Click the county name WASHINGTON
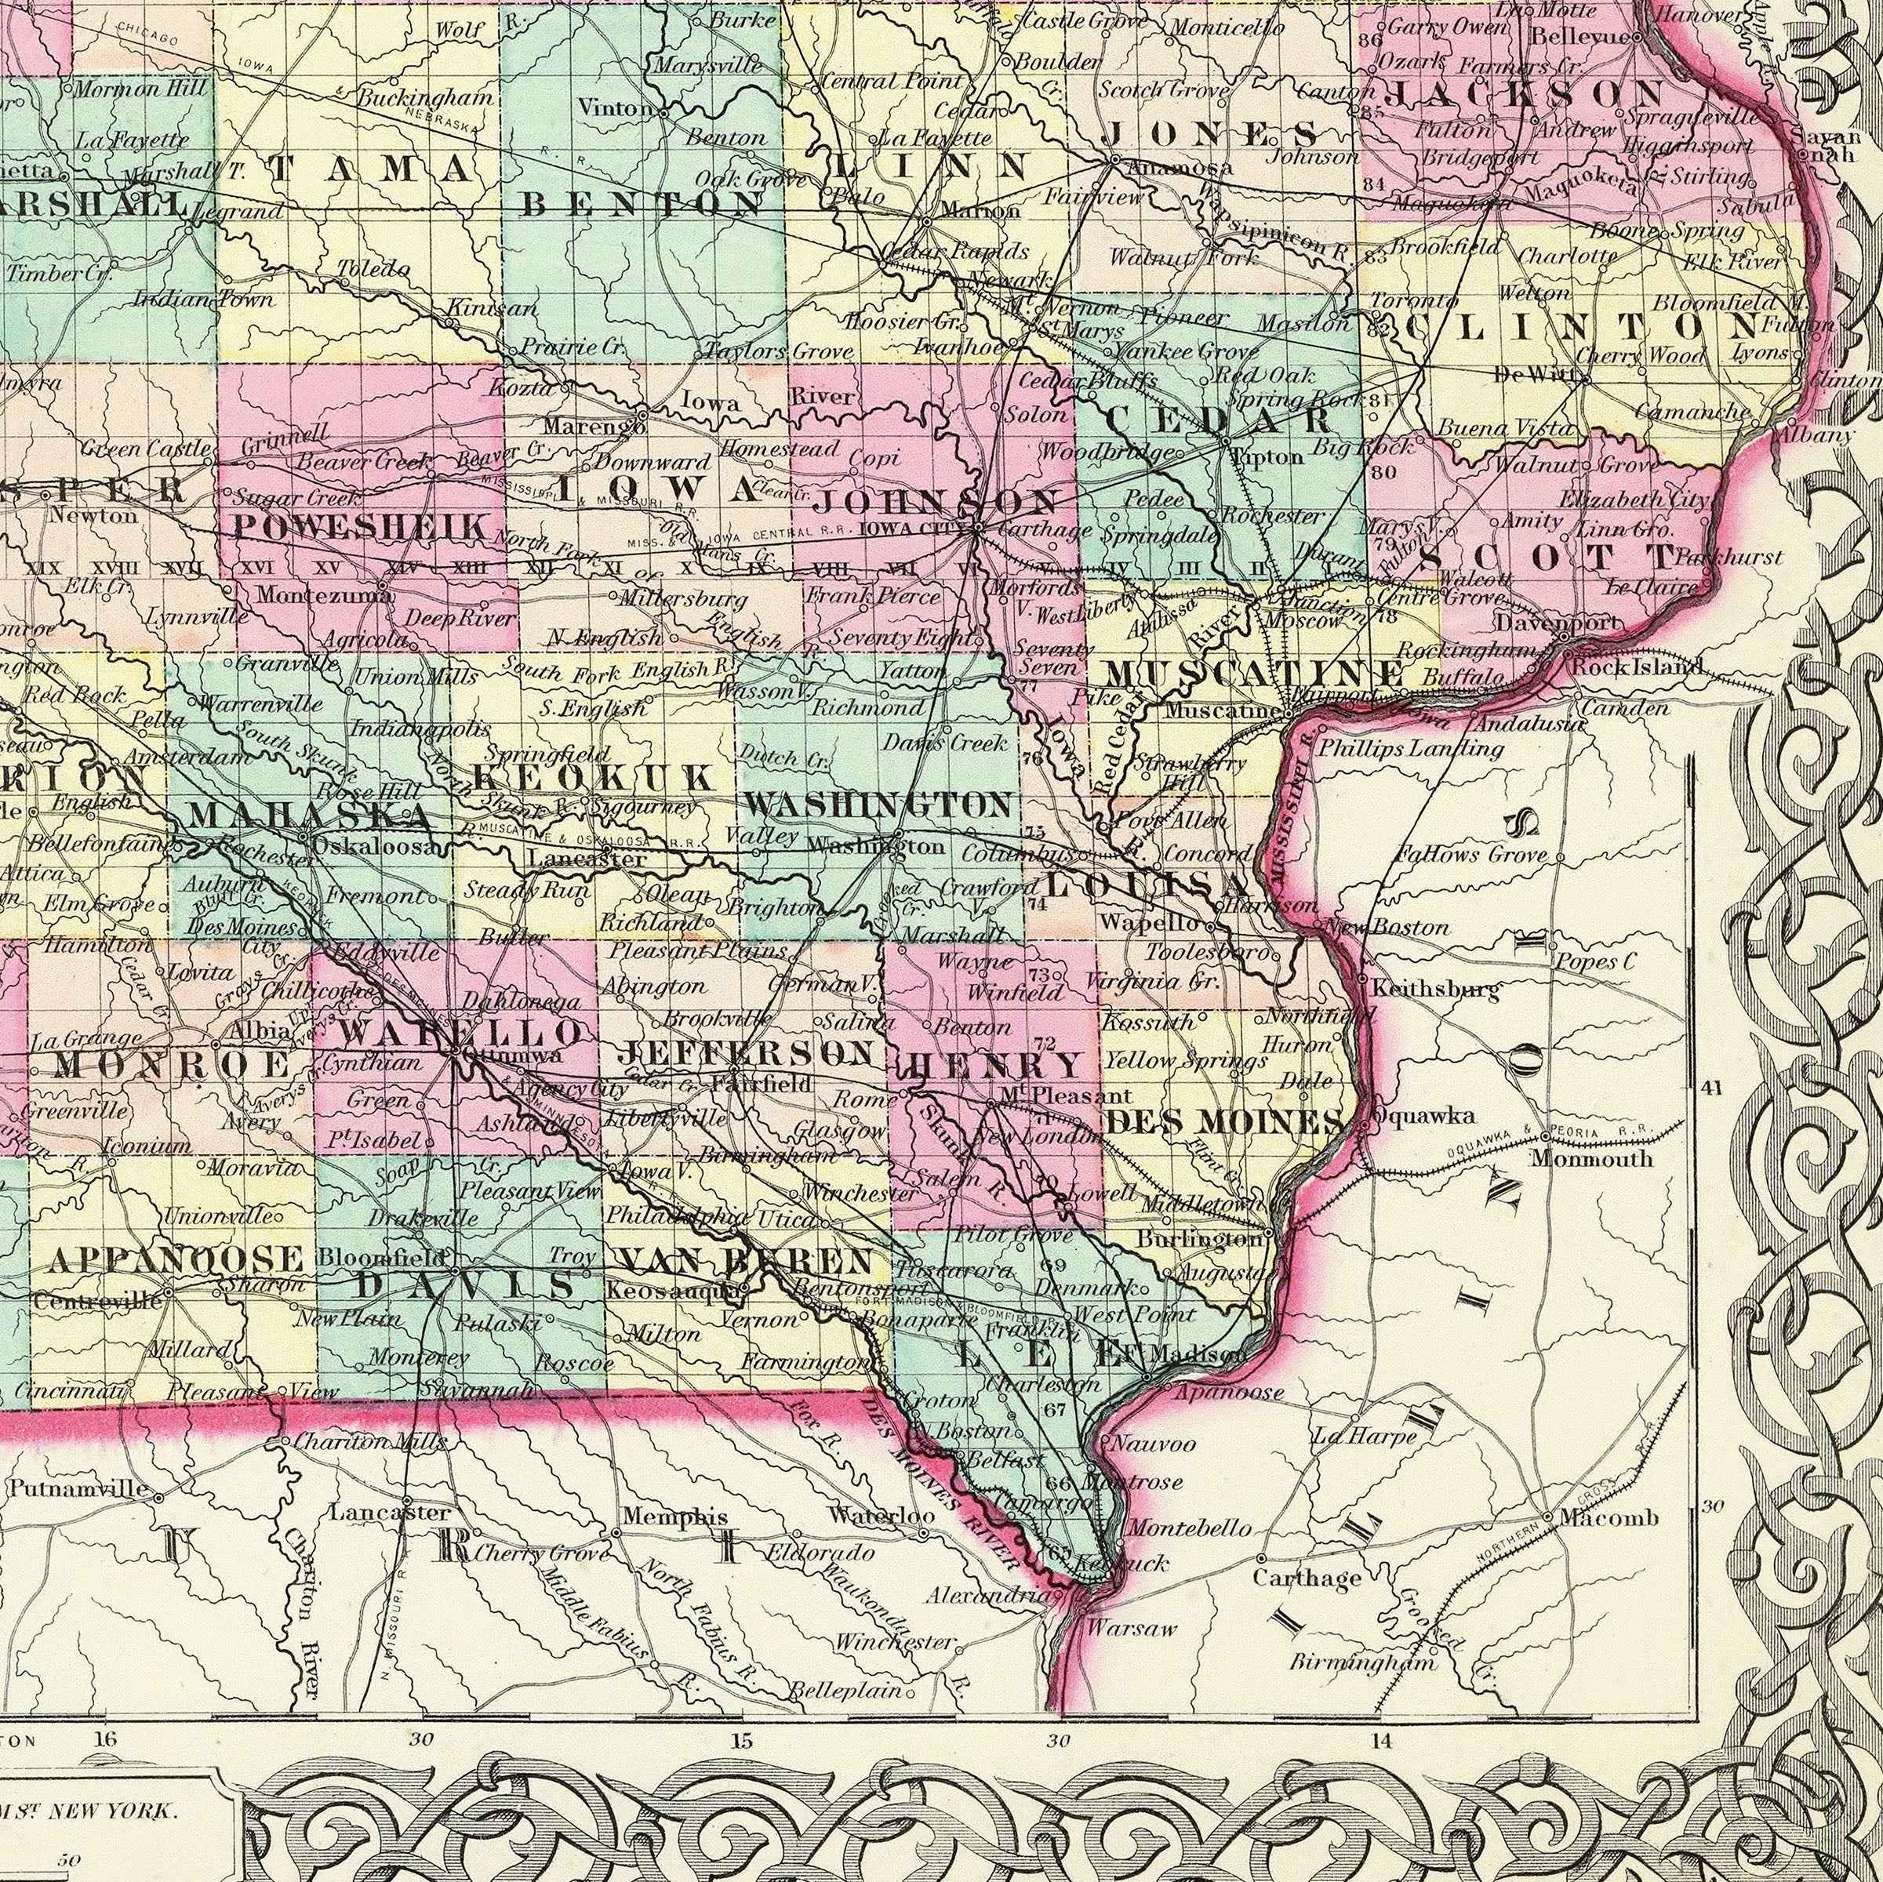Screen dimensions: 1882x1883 pos(877,805)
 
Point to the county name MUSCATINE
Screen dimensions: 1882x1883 pos(1256,674)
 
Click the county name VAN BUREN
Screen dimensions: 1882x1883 pos(746,1260)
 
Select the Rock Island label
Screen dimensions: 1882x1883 pos(1638,667)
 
